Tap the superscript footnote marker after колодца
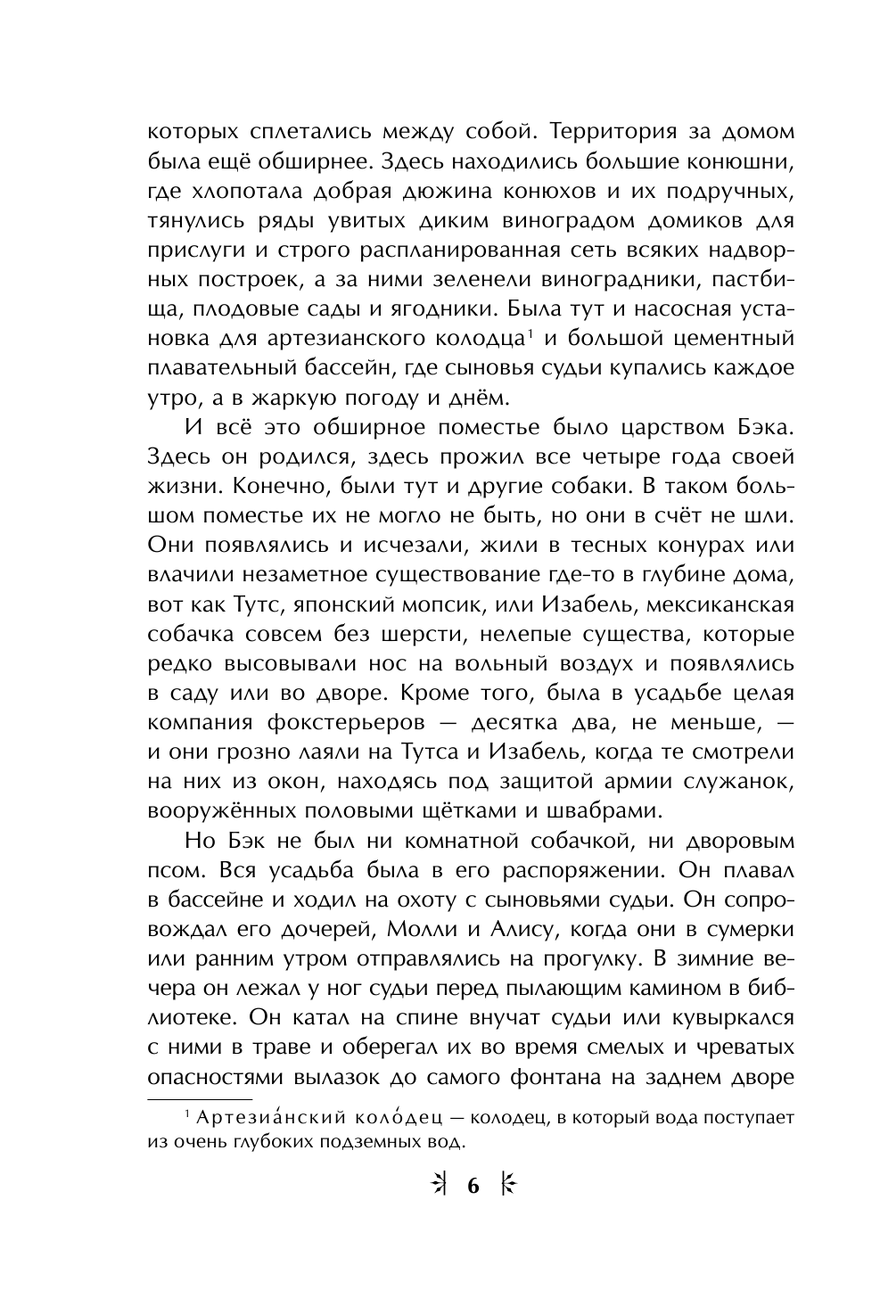tap(529, 333)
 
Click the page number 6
tap(473, 1186)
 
